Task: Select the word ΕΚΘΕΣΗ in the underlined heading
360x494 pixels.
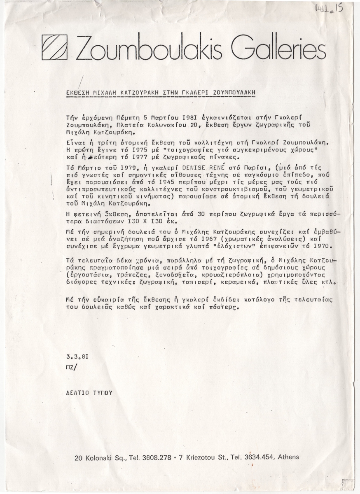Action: click(x=78, y=93)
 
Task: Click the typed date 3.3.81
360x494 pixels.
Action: click(x=76, y=357)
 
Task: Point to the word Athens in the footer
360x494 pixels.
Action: click(x=288, y=457)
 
